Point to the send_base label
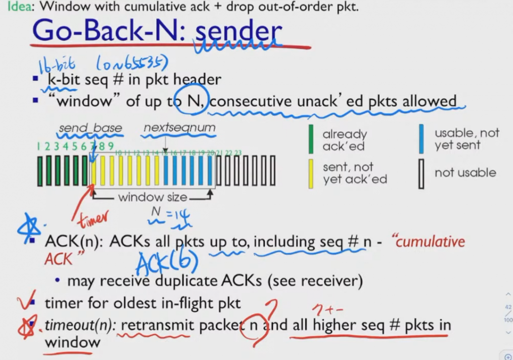(x=90, y=128)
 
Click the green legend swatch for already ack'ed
(x=311, y=139)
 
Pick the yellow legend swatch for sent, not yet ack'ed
(x=311, y=173)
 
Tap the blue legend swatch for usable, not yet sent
(x=421, y=139)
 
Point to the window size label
(x=152, y=197)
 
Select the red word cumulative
(x=429, y=242)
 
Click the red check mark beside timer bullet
(x=24, y=302)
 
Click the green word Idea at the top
(x=11, y=7)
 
